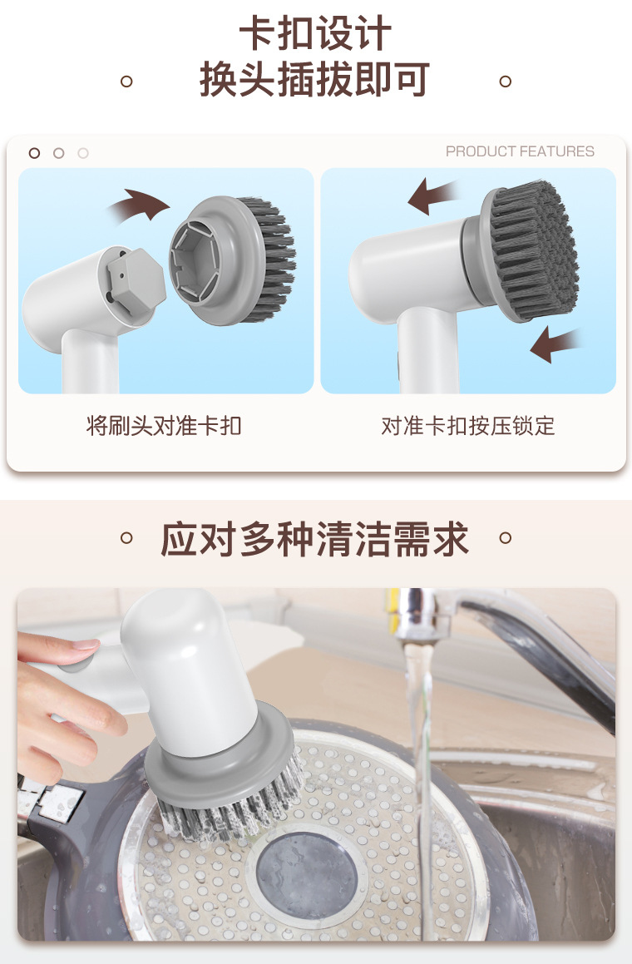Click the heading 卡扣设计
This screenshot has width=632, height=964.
[x=315, y=35]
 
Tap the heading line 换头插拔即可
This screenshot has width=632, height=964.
[x=315, y=80]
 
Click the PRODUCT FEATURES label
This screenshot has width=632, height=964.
[x=520, y=151]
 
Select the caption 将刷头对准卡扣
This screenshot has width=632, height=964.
[x=164, y=427]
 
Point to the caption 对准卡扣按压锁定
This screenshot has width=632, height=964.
[x=468, y=427]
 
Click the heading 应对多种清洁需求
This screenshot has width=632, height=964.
[x=315, y=539]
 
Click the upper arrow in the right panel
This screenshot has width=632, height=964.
[x=434, y=196]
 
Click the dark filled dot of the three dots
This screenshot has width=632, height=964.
[x=34, y=153]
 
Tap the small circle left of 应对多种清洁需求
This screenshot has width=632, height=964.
[x=126, y=537]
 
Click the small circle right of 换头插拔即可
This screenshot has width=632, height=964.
[x=504, y=81]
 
